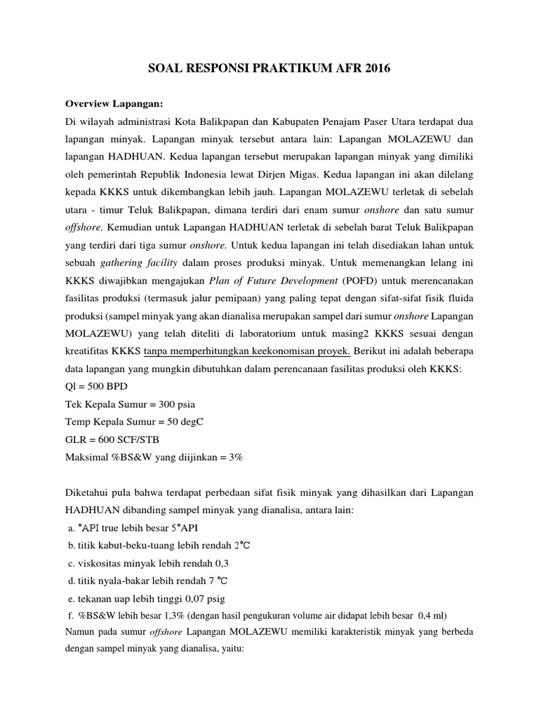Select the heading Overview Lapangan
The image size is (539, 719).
[113, 104]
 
